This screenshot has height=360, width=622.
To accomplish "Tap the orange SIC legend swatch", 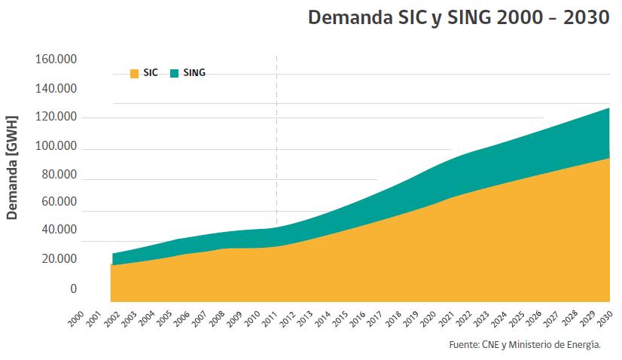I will pos(134,73).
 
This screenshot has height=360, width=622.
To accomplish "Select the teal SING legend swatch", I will pos(174,73).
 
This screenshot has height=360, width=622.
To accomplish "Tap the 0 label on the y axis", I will pos(73,288).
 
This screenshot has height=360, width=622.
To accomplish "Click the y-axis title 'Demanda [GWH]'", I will pos(11,166).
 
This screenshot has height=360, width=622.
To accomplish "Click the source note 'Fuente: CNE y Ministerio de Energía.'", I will pos(524,345).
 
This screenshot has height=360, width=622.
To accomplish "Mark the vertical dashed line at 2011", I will pos(276,136).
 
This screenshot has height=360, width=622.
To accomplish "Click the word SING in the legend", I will pos(194,73).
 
